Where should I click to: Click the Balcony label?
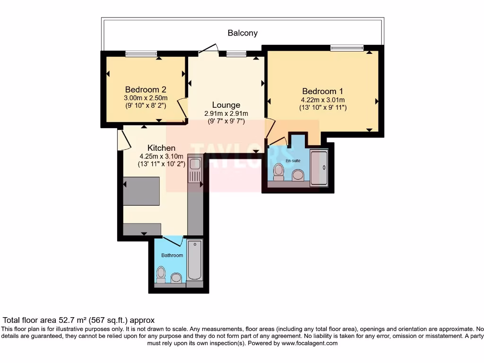coord(242,33)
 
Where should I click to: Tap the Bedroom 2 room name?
coord(146,89)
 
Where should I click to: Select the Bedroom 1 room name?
coord(323,91)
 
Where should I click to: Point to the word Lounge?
coord(226,105)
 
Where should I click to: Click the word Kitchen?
coord(161,148)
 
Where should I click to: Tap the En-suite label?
coord(293,161)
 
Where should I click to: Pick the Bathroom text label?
coord(172,255)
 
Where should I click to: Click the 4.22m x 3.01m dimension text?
coord(323,100)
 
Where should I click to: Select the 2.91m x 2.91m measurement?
coord(226,113)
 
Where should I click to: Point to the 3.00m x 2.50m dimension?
coord(146,98)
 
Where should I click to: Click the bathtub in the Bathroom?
coord(195,260)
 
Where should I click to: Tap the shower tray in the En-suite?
coord(318,168)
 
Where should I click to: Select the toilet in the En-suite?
coord(278,173)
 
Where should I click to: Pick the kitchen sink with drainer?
coord(195,170)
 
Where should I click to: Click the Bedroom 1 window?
coord(347,47)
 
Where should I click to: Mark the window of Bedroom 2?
coord(141,54)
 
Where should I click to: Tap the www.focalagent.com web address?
coord(309,343)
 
